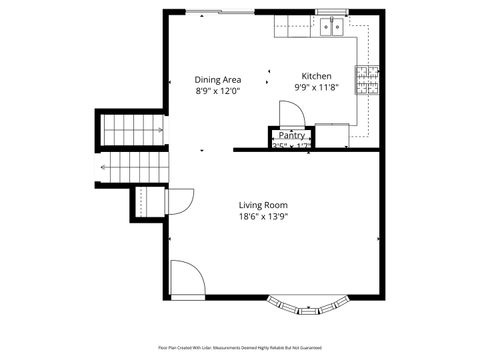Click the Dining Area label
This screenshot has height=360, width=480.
pyautogui.click(x=217, y=79)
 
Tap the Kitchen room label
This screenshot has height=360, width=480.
pyautogui.click(x=317, y=76)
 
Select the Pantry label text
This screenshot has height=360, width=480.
pyautogui.click(x=292, y=135)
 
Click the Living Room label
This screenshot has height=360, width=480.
pyautogui.click(x=263, y=205)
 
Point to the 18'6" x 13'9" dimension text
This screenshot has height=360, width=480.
pyautogui.click(x=263, y=216)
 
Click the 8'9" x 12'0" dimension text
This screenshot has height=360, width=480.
pyautogui.click(x=217, y=90)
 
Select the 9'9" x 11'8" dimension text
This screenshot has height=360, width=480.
pyautogui.click(x=317, y=88)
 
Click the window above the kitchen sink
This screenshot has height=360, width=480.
pyautogui.click(x=331, y=12)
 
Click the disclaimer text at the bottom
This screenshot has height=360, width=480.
pyautogui.click(x=240, y=348)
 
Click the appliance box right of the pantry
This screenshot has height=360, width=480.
pyautogui.click(x=332, y=134)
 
